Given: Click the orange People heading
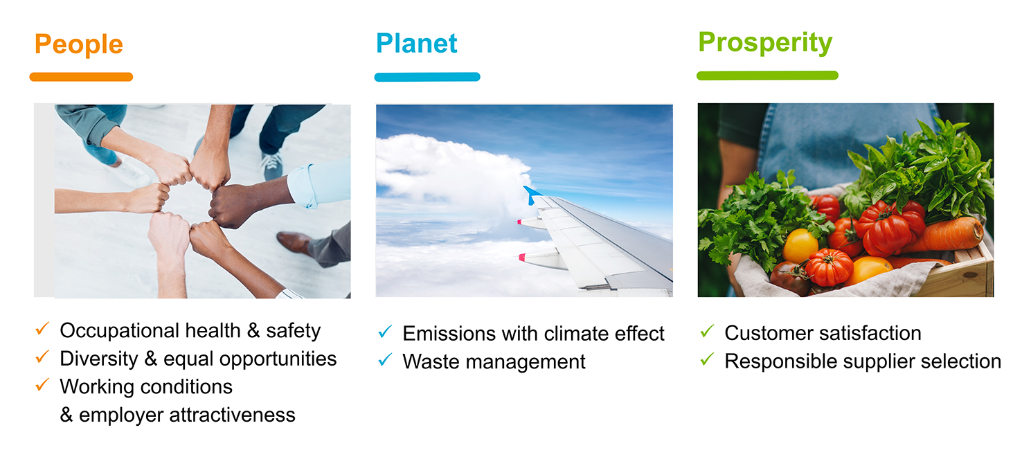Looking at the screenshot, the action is [x=79, y=45].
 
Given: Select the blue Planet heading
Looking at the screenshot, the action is [x=417, y=44].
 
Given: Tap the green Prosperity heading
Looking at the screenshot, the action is [x=765, y=43].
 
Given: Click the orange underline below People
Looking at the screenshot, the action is [x=81, y=77].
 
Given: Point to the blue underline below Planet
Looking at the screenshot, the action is [x=427, y=77].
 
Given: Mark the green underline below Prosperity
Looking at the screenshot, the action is [x=767, y=75].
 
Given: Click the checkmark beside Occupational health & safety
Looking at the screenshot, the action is [x=42, y=328].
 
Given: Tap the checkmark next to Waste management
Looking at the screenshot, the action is [x=385, y=359].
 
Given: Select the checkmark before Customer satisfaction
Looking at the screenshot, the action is [x=707, y=331].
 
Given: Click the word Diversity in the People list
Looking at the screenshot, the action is [x=98, y=359].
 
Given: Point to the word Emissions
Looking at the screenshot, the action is [x=449, y=333].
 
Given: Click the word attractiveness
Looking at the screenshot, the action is [x=232, y=415].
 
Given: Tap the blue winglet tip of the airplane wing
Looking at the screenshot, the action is [x=530, y=195].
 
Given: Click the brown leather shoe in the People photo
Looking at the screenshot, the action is [x=295, y=242].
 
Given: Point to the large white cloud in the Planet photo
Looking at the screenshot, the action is [x=451, y=178].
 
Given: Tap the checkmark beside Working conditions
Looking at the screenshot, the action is [x=42, y=384].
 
